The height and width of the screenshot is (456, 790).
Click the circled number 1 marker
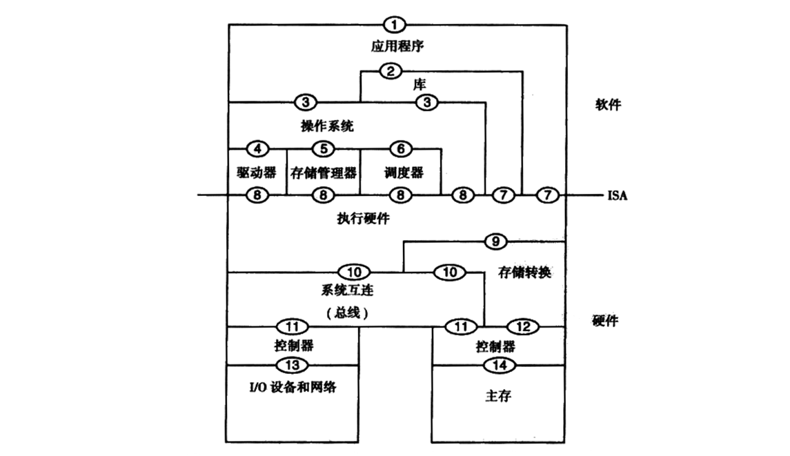(x=395, y=26)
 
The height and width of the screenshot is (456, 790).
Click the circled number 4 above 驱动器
(x=257, y=148)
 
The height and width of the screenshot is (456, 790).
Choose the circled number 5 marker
(x=322, y=148)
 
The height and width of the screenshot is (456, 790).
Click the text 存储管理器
(x=323, y=171)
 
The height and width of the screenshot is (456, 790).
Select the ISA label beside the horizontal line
(x=617, y=195)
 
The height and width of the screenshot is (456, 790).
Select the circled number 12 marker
(x=523, y=325)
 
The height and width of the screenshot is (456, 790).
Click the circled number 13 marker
(x=293, y=364)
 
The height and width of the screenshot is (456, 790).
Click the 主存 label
(x=498, y=399)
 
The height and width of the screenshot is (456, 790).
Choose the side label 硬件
(x=605, y=321)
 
